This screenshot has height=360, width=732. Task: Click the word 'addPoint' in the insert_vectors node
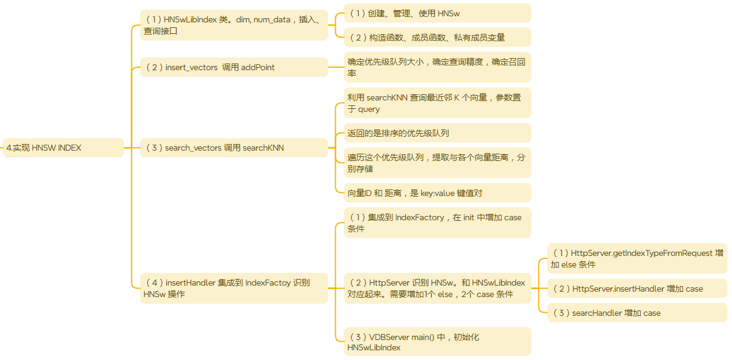pyautogui.click(x=258, y=67)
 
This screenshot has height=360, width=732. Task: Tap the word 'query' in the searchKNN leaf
pyautogui.click(x=369, y=110)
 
